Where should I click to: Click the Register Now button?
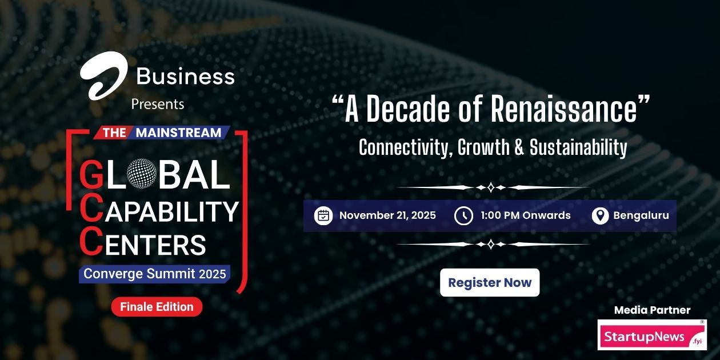(x=490, y=282)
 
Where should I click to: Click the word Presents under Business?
(x=158, y=104)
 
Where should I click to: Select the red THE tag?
(x=114, y=133)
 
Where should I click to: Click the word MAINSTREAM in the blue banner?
(x=179, y=133)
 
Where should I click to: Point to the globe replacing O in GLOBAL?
(x=141, y=174)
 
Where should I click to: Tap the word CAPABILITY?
(x=170, y=211)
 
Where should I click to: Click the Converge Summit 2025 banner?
(x=155, y=274)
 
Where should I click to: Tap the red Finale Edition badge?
(x=157, y=307)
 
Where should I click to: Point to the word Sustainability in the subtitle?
(x=578, y=148)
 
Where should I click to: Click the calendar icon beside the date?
(x=323, y=216)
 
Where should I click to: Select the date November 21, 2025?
(x=387, y=215)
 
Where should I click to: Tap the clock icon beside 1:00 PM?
(x=463, y=216)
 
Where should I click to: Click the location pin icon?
(x=599, y=216)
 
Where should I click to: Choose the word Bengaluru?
(x=641, y=215)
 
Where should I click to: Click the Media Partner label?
(x=652, y=310)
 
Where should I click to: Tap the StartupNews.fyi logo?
(x=652, y=335)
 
